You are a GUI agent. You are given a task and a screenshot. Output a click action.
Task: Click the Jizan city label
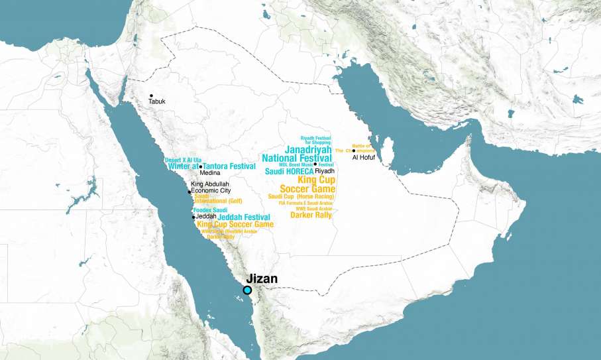tap(262, 279)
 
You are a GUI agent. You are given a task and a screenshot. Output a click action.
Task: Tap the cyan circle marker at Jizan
tap(247, 290)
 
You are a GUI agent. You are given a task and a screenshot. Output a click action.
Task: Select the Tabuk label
tap(157, 101)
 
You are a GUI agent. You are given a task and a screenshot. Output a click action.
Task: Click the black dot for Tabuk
tap(151, 96)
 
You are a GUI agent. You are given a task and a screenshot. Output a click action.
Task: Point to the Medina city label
tap(209, 173)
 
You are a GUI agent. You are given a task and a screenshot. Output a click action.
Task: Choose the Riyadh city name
tap(325, 170)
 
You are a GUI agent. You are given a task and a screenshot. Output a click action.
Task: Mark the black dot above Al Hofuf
tap(354, 151)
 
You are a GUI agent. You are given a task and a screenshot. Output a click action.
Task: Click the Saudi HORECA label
tap(289, 172)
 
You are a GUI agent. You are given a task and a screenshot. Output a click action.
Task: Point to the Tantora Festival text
tap(229, 166)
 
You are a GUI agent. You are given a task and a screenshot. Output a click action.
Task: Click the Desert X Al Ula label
tap(182, 160)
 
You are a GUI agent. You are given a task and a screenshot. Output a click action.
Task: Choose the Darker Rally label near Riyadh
tap(311, 214)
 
